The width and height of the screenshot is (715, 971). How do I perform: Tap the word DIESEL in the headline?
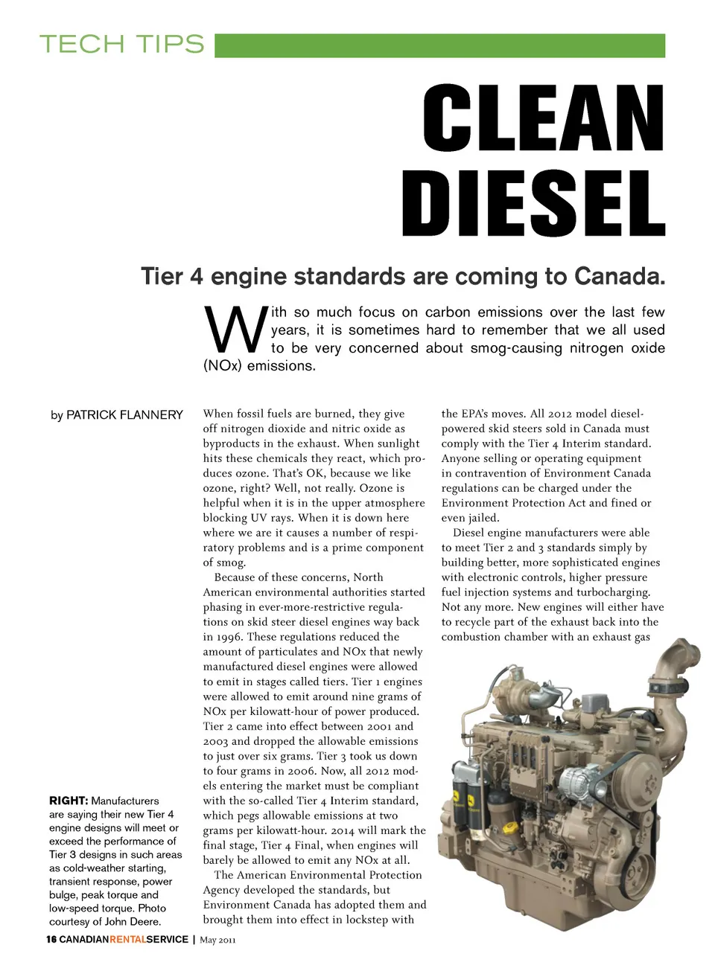click(x=533, y=203)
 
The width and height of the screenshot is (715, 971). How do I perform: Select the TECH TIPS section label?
click(x=122, y=44)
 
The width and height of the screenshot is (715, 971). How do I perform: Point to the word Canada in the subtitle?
click(x=618, y=277)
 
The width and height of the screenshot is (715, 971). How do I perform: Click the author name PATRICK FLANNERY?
click(x=124, y=415)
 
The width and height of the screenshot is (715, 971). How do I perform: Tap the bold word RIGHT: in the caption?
click(x=69, y=801)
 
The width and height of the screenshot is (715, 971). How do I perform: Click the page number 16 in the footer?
click(x=51, y=940)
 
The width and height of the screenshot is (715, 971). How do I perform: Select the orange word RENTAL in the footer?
click(x=127, y=940)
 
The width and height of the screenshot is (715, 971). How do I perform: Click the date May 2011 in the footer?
click(x=217, y=940)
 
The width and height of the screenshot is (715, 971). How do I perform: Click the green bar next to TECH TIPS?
click(x=439, y=45)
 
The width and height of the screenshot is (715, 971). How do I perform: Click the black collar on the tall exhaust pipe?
click(x=679, y=682)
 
